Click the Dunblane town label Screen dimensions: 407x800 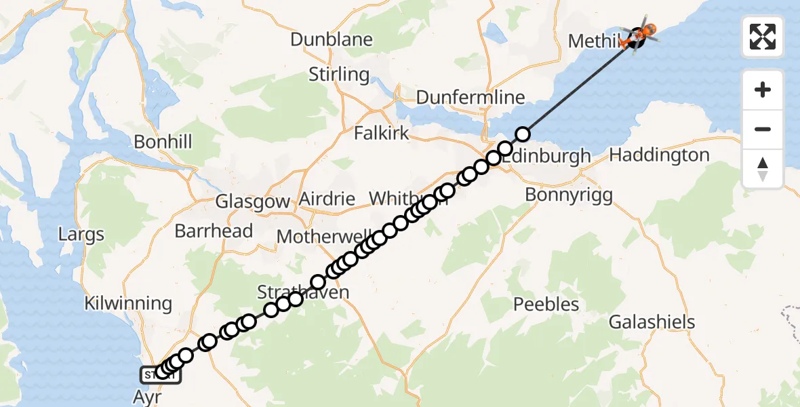332,39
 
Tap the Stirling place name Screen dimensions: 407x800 339,74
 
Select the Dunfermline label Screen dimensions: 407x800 471,97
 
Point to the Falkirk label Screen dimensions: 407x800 382,133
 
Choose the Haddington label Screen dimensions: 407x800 660,155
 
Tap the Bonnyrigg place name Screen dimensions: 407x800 569,195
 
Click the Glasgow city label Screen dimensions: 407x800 252,201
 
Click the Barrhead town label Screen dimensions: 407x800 214,231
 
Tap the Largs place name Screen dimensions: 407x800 81,235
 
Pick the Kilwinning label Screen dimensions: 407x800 128,303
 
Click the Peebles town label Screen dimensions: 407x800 546,304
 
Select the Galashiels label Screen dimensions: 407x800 652,322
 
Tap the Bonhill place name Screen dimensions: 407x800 163,142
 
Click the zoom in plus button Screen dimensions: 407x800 763,90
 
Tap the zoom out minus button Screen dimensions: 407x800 763,129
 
